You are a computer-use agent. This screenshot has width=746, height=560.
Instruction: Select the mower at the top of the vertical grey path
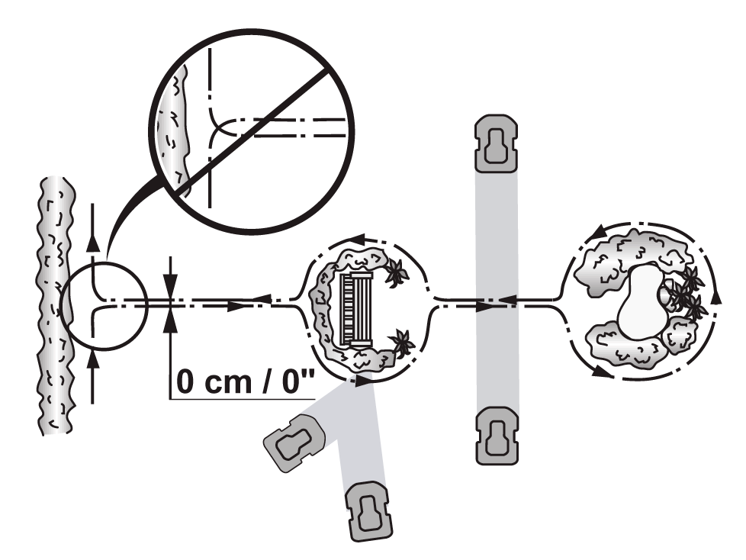point(496,143)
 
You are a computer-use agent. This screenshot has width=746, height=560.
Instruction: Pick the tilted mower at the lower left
point(294,443)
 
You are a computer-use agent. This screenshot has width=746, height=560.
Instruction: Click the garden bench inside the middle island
point(359,309)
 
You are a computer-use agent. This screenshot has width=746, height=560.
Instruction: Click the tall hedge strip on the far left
point(56,305)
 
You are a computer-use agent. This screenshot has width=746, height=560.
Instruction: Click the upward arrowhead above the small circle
point(94,242)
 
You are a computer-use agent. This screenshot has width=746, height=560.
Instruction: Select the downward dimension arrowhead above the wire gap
point(170,281)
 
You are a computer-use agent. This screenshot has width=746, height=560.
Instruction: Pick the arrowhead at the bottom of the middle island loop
point(365,380)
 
